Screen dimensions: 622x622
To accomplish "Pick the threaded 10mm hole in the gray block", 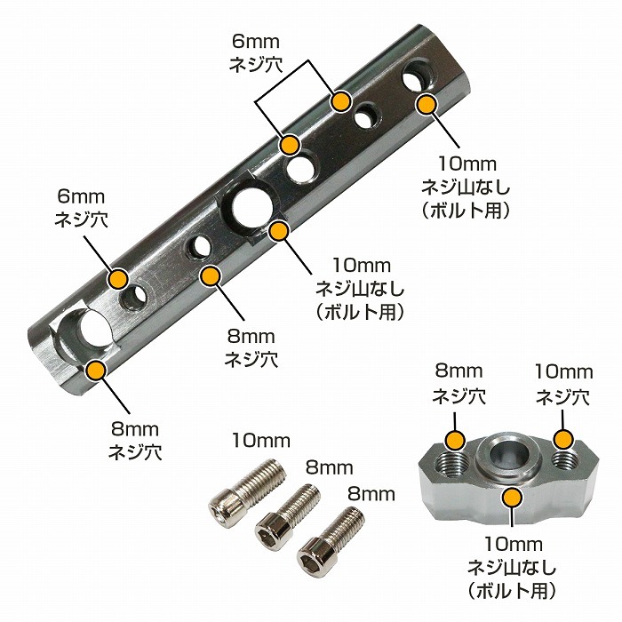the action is (x=564, y=460).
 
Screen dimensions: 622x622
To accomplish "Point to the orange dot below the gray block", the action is (x=513, y=498).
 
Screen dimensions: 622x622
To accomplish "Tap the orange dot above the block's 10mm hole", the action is (x=563, y=440).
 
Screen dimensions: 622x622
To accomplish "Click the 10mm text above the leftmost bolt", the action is (x=261, y=441).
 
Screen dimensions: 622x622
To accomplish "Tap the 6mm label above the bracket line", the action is (x=256, y=41).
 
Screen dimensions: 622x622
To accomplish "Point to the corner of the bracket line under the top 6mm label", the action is (x=308, y=60).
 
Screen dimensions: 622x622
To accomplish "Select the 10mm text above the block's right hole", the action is (x=563, y=372).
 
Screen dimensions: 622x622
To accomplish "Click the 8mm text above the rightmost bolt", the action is (x=371, y=495).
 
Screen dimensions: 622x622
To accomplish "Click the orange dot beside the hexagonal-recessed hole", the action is (x=279, y=232).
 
